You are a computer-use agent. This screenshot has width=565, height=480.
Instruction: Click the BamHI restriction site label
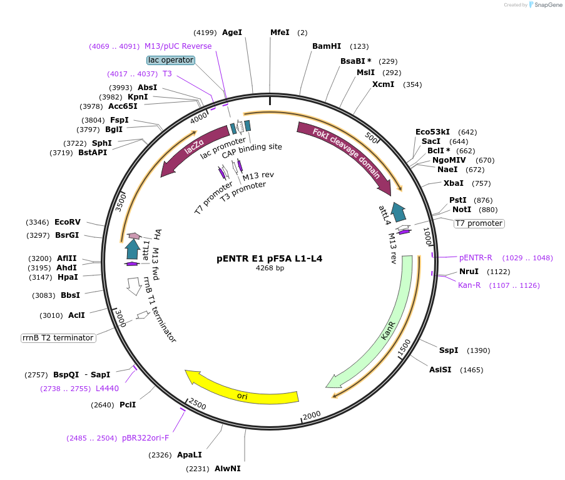[327, 46]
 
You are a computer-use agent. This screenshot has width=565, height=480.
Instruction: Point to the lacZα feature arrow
[194, 150]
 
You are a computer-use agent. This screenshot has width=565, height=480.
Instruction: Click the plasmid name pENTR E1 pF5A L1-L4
[270, 258]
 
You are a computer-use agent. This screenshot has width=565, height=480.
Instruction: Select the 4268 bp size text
[270, 268]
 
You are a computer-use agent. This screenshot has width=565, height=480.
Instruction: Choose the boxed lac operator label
[171, 60]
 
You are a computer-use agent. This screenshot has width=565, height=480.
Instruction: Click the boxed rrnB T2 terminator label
[58, 338]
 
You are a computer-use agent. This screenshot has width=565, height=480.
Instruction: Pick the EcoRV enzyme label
[68, 222]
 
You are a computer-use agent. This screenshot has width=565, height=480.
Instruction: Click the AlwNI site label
[227, 468]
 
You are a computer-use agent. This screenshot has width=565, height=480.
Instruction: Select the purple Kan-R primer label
[469, 285]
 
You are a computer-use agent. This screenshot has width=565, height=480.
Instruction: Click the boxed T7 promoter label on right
[479, 223]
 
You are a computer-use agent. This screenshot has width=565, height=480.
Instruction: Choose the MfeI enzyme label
[280, 33]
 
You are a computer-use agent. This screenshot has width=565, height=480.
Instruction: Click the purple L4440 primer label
[107, 389]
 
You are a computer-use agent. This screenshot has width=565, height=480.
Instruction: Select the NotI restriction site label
[462, 210]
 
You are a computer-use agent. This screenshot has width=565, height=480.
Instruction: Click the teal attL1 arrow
[133, 249]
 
